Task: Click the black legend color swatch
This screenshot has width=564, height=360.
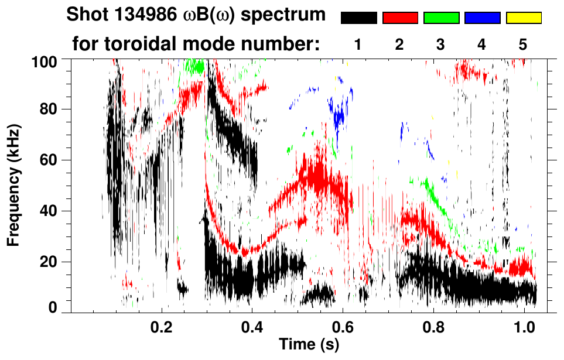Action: (x=359, y=18)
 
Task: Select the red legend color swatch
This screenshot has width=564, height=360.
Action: (x=400, y=18)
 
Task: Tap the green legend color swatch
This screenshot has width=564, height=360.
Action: (x=441, y=18)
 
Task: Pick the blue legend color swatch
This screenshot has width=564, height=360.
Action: (x=482, y=18)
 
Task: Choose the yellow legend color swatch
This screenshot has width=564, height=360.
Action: (x=524, y=18)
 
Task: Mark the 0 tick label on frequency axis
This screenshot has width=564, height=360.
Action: (x=53, y=307)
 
